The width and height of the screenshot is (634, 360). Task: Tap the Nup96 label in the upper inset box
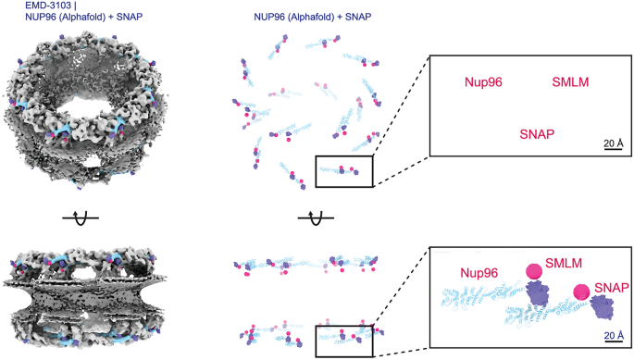(x=482, y=82)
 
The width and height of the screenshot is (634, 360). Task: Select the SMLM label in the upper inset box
(x=570, y=82)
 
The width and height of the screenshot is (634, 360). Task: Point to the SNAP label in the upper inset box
(x=537, y=134)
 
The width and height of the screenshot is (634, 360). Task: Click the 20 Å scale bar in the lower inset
(x=613, y=336)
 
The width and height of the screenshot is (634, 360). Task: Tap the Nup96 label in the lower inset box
(x=473, y=273)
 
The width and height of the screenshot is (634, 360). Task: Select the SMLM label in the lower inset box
(x=564, y=263)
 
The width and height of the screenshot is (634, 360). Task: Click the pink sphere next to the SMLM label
(x=533, y=271)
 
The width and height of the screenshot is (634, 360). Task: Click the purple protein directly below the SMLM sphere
(x=539, y=293)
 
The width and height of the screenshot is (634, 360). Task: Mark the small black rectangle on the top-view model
(x=343, y=170)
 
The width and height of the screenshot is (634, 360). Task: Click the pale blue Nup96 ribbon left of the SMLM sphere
(x=481, y=296)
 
